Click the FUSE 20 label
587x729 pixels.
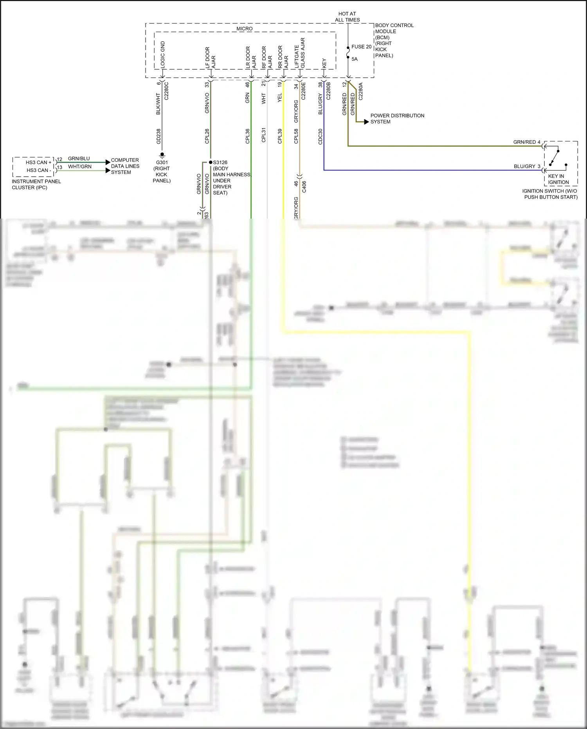(361, 47)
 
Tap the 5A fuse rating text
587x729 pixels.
(355, 59)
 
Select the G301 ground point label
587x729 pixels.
(162, 162)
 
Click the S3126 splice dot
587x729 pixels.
(211, 162)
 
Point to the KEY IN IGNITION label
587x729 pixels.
(558, 179)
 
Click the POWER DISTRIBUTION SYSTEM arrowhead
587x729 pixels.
(366, 122)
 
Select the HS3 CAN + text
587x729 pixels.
(38, 162)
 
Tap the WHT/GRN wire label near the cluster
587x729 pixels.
(79, 166)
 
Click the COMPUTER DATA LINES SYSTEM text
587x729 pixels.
(125, 166)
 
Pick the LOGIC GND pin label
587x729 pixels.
(163, 54)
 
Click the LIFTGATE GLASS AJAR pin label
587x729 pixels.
(299, 53)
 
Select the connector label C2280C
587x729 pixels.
(166, 91)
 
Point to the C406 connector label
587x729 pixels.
(304, 187)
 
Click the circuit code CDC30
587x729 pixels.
(321, 136)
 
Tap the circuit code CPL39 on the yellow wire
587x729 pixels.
(280, 136)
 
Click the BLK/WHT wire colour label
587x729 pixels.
(158, 104)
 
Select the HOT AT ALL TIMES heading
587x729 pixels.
(347, 16)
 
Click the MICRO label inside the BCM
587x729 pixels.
(245, 29)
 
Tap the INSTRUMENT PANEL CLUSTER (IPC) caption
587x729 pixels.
(36, 185)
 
